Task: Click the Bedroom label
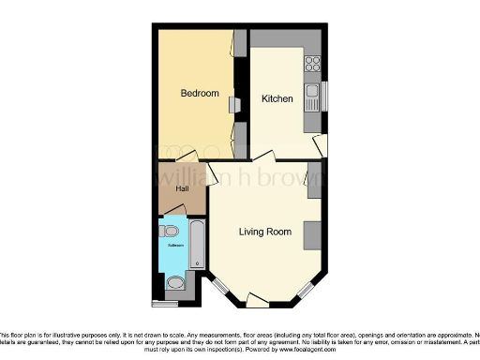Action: pos(200,93)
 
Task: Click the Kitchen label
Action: pos(277,98)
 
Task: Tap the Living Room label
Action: pos(265,232)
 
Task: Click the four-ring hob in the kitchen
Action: pos(313,65)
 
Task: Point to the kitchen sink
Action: pos(311,97)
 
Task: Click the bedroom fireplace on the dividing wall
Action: pos(237,105)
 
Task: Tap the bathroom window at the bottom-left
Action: pos(164,304)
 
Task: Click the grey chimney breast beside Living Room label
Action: pos(311,234)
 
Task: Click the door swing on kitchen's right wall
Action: pos(322,145)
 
